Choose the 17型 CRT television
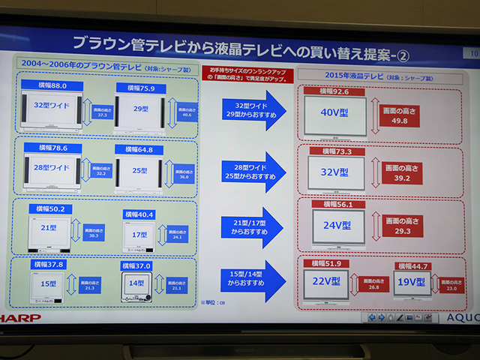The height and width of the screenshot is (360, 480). coord(140,234)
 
